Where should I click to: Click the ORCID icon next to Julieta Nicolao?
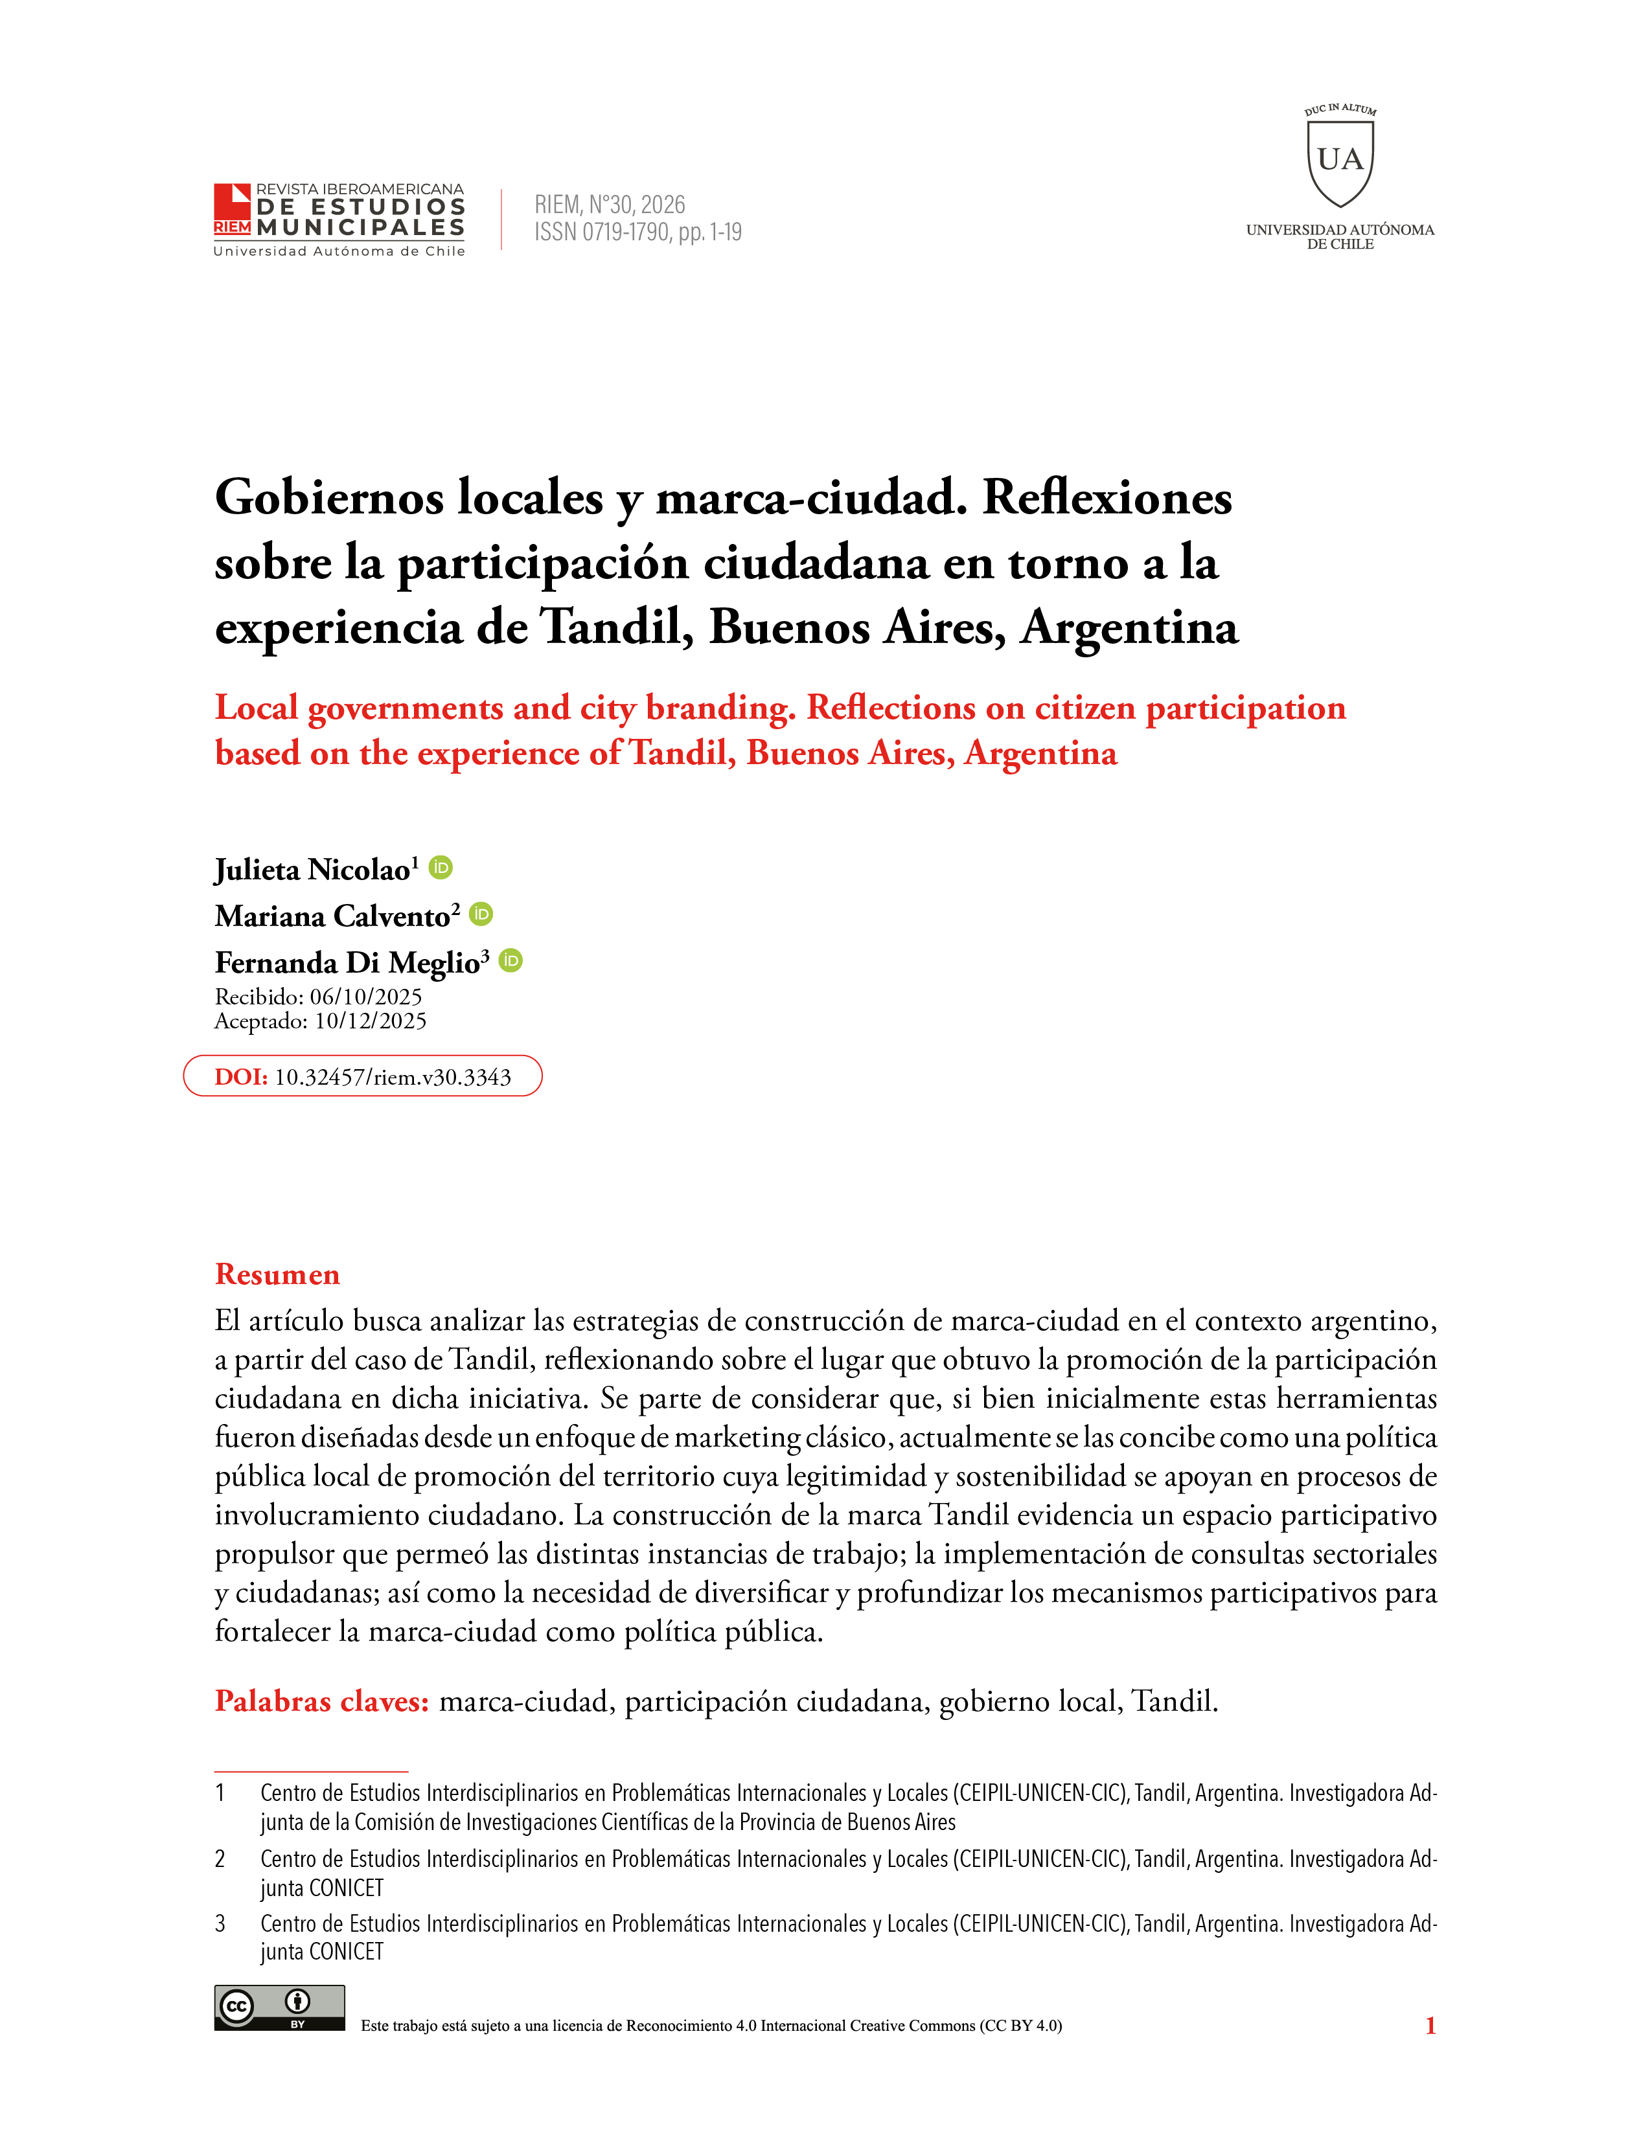pyautogui.click(x=441, y=867)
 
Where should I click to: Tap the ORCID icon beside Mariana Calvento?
pyautogui.click(x=481, y=913)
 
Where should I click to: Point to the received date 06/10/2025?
pyautogui.click(x=366, y=997)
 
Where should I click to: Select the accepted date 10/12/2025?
pyautogui.click(x=370, y=1021)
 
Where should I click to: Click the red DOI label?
pyautogui.click(x=241, y=1078)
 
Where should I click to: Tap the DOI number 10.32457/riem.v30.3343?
pyautogui.click(x=393, y=1078)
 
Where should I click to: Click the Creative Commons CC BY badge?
pyautogui.click(x=279, y=2008)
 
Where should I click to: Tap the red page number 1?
pyautogui.click(x=1430, y=2026)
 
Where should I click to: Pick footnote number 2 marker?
pyautogui.click(x=220, y=1859)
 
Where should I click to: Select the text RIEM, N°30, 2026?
pyautogui.click(x=609, y=205)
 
